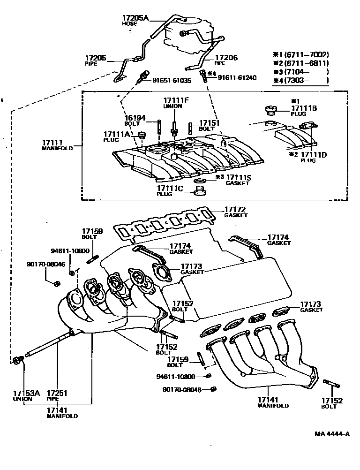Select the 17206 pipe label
pyautogui.click(x=226, y=58)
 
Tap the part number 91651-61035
pyautogui.click(x=172, y=80)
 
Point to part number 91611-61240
pyautogui.click(x=237, y=77)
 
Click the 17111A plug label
pyautogui.click(x=117, y=134)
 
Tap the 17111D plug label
pyautogui.click(x=314, y=154)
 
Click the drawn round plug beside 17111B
pyautogui.click(x=270, y=111)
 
